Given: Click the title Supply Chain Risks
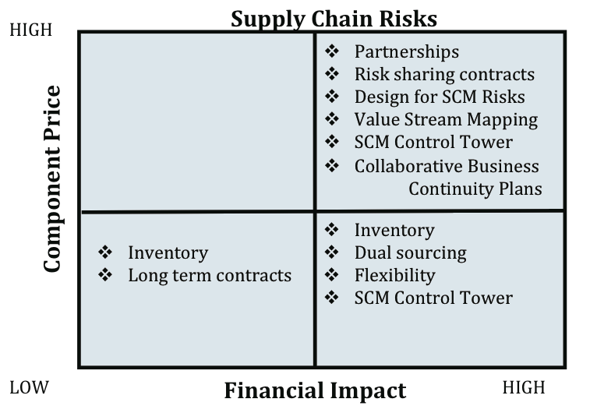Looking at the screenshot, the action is (334, 19).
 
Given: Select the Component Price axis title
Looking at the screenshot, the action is (52, 178).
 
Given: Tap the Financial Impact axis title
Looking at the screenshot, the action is (315, 390).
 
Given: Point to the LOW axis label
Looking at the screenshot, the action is (30, 387).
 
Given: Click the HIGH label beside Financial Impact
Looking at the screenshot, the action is (524, 387).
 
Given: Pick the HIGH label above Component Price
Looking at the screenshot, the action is (31, 30).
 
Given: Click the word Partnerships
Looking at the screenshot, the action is (407, 52).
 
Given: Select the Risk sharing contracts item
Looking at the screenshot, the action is (444, 75).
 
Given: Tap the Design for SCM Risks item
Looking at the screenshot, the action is (440, 97).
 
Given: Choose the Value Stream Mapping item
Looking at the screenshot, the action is (447, 120).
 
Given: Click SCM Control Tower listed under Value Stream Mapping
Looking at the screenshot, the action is (433, 143).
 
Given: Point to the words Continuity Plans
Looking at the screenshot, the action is (475, 189).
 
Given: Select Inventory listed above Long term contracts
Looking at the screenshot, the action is (168, 253).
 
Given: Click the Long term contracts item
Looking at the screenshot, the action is (210, 276).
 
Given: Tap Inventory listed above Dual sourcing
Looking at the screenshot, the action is (394, 231).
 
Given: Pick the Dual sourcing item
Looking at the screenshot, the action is (411, 253).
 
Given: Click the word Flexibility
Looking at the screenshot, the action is (395, 276).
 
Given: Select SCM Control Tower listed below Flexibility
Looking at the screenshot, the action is (433, 298).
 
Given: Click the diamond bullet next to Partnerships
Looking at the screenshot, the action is (332, 51).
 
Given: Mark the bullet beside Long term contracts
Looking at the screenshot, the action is (105, 275).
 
